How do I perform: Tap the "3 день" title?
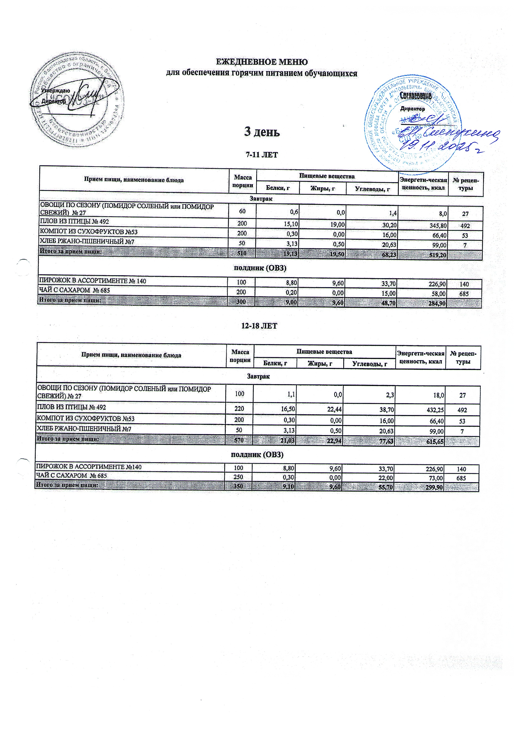[262, 131]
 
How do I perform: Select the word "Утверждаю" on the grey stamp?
[56, 91]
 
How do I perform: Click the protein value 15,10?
[290, 225]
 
